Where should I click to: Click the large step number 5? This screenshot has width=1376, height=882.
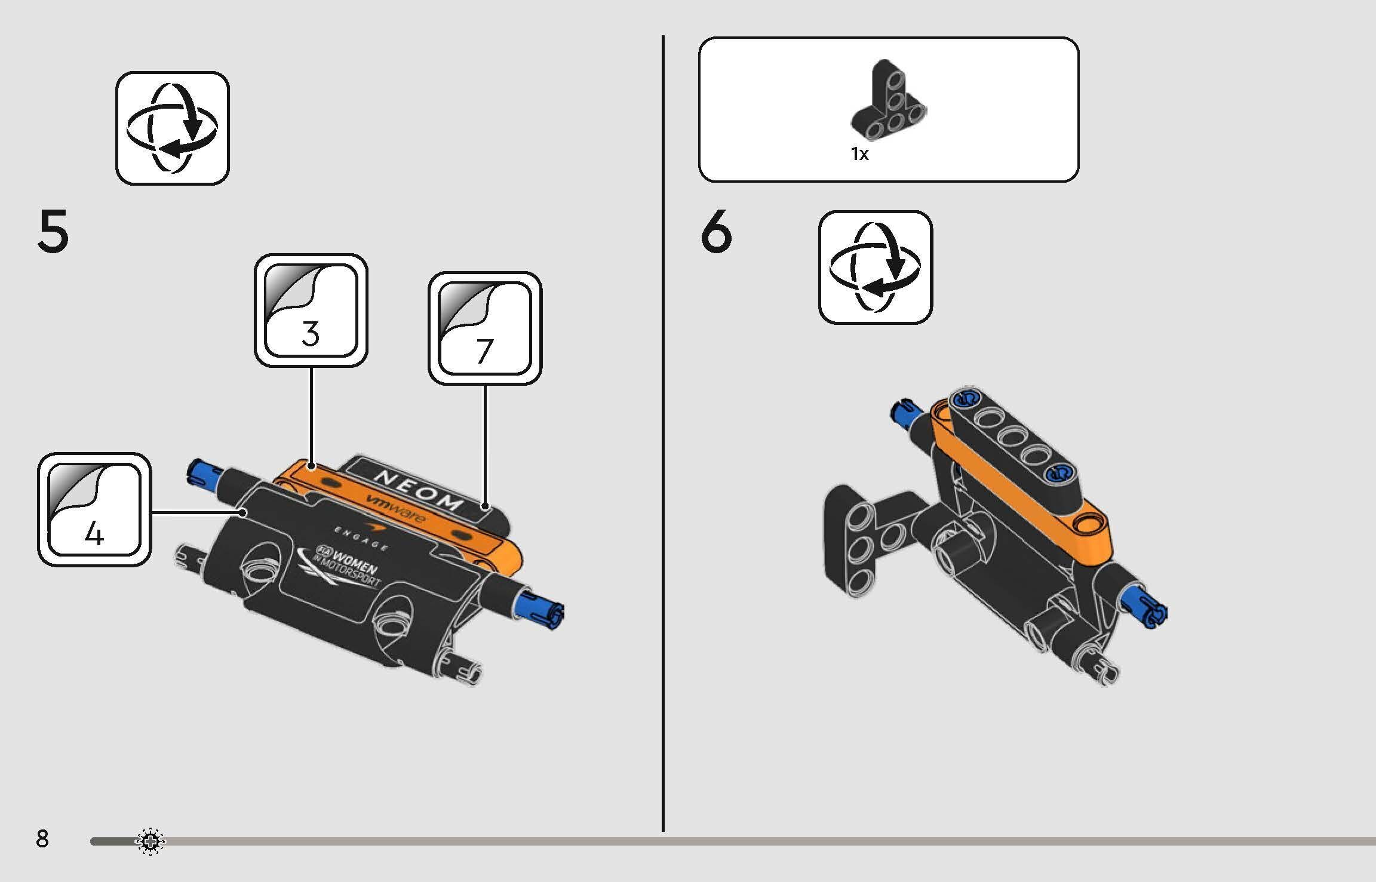click(53, 232)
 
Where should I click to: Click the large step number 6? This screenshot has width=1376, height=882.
click(716, 232)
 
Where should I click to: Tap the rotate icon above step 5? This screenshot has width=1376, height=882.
click(173, 128)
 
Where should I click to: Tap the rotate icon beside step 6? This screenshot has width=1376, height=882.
click(876, 267)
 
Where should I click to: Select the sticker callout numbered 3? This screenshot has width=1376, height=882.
click(311, 311)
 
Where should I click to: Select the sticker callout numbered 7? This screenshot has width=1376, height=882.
click(485, 328)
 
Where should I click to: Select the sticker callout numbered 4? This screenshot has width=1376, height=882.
click(94, 509)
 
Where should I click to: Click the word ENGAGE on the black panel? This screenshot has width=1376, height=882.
click(361, 537)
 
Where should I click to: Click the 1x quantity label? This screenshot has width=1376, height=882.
click(859, 154)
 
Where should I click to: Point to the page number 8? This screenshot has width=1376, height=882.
click(42, 839)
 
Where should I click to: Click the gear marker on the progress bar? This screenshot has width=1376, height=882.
click(150, 841)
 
